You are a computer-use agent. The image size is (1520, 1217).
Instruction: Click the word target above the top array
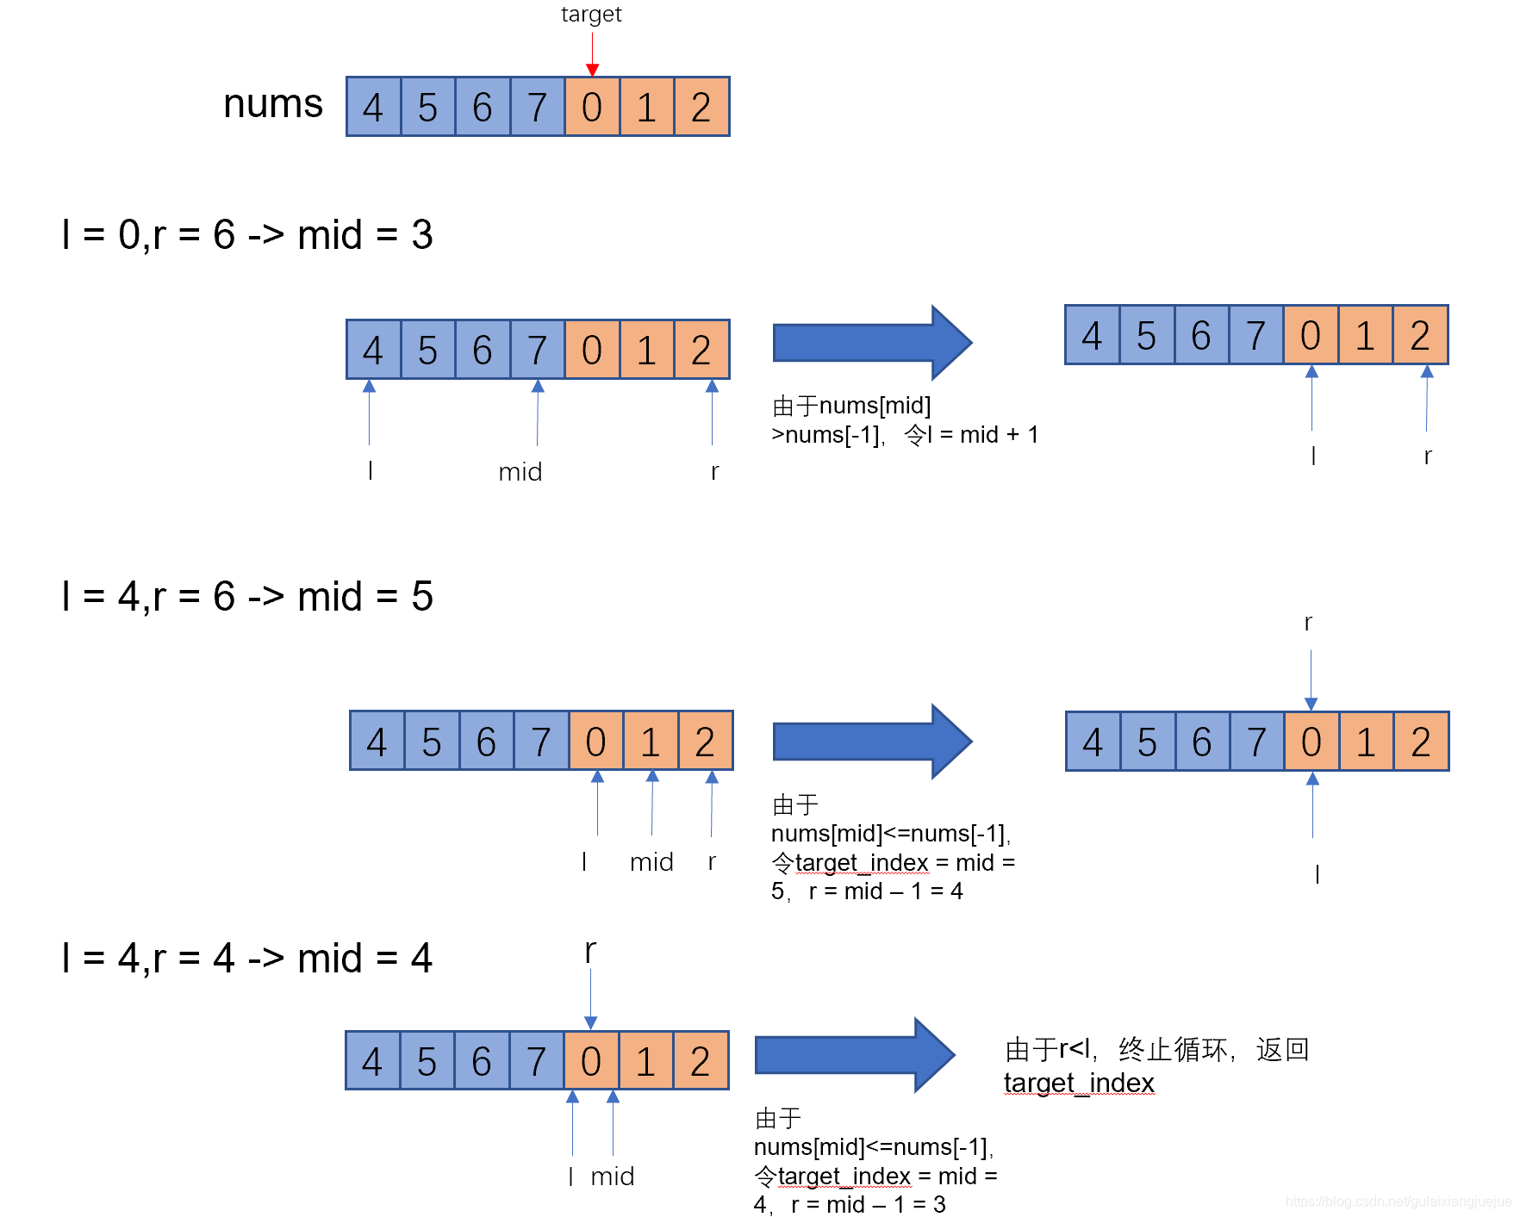591,15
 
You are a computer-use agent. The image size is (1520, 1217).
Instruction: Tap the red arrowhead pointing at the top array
592,70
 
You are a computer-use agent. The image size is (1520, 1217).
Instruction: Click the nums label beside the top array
272,104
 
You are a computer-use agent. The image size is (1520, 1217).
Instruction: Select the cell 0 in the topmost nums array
592,108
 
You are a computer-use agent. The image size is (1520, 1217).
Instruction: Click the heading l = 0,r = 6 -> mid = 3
247,235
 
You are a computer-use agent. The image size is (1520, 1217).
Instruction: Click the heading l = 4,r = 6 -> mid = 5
247,597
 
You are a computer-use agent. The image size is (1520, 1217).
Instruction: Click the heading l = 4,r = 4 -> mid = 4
247,959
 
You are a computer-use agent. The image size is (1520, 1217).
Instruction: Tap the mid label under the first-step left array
520,472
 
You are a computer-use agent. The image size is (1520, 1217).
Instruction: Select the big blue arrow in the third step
854,1055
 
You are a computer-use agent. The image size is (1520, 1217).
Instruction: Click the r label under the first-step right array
1428,456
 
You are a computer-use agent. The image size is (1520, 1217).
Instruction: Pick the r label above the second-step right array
1308,623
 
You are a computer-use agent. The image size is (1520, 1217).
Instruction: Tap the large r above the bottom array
590,952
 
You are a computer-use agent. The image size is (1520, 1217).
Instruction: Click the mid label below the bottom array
613,1177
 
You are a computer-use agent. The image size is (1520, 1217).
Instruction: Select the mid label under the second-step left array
651,862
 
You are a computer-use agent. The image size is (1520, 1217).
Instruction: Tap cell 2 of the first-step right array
1420,336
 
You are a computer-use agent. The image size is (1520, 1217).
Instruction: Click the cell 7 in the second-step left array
541,742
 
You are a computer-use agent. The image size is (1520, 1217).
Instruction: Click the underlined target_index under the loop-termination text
1079,1084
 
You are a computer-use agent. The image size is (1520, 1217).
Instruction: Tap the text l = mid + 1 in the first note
982,435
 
